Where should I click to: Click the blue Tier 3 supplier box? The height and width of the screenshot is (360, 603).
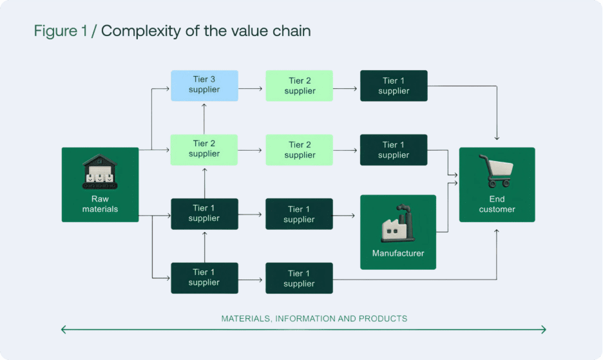(x=204, y=86)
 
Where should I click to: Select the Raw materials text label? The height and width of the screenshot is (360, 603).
(x=100, y=204)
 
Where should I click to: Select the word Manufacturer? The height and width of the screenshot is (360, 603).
(x=397, y=253)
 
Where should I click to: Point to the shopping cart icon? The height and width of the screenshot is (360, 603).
(x=496, y=171)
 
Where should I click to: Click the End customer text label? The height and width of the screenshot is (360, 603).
(x=497, y=204)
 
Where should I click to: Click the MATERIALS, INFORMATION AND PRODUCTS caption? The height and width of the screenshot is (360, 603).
(x=314, y=319)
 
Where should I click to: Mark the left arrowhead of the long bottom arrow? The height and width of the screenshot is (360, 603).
(x=63, y=330)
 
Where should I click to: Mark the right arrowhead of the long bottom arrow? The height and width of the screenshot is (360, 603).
(x=544, y=330)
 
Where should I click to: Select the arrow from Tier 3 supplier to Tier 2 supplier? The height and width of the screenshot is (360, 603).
(x=251, y=86)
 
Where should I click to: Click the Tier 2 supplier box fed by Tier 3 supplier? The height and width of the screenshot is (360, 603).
(x=299, y=86)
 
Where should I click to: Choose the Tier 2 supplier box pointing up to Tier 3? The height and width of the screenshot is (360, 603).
(x=204, y=149)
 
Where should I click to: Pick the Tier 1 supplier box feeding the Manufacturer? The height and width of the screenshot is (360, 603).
(x=299, y=214)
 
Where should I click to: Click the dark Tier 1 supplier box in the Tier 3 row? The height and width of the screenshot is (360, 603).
(x=394, y=86)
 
